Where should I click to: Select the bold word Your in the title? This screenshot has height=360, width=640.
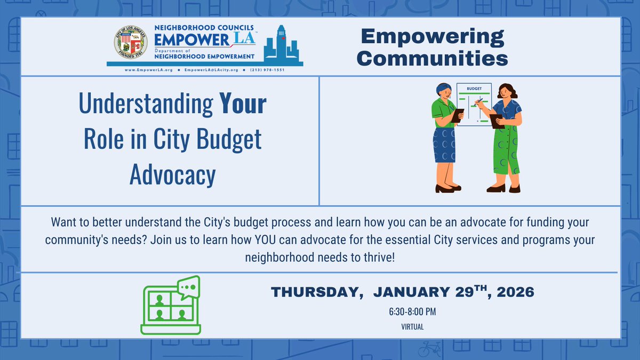point(243,104)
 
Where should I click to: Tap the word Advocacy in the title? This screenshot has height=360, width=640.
point(172,174)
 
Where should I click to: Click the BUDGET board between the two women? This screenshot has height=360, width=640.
point(474,105)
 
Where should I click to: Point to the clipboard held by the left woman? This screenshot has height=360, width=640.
point(458,114)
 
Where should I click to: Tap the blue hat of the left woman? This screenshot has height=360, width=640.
point(443,87)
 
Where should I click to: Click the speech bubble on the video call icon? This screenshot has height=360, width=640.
point(187,288)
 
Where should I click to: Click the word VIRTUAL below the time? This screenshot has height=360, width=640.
point(412,327)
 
